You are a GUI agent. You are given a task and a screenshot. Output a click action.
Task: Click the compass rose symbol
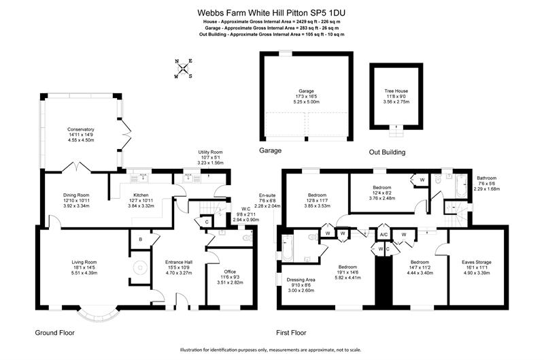(x=183, y=68)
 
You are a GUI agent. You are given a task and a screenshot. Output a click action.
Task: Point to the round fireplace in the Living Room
(x=139, y=267)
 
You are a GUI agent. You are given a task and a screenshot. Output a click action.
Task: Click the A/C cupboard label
(x=384, y=235)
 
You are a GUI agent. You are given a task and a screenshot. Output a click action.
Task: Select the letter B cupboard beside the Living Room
(x=141, y=239)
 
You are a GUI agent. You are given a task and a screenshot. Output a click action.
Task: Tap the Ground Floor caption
(x=55, y=333)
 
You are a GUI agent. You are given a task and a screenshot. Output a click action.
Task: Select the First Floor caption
(x=291, y=333)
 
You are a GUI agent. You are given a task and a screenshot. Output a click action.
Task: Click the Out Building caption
(x=387, y=152)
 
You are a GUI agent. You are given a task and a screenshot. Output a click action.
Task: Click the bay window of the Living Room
(x=99, y=314)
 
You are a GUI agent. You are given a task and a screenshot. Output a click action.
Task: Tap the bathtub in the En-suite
(x=287, y=248)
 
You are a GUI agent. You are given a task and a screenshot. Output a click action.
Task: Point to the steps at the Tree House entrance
(x=396, y=131)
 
